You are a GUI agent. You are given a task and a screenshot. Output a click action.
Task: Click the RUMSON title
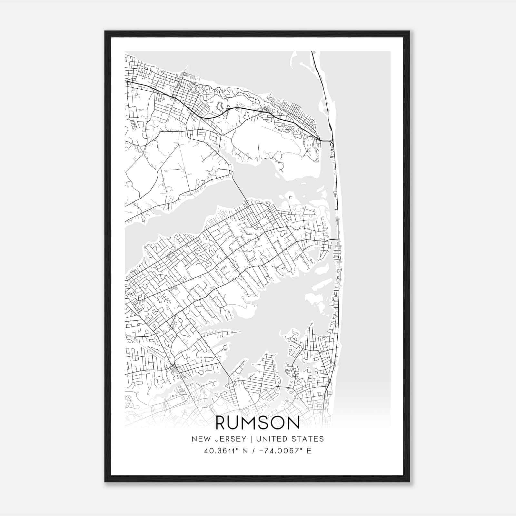click(x=257, y=423)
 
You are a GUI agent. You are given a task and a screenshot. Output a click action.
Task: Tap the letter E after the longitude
click(x=309, y=451)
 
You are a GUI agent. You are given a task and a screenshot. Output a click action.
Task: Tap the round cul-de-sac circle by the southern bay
click(x=225, y=347)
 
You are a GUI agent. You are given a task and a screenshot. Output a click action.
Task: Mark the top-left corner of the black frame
click(x=105, y=31)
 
